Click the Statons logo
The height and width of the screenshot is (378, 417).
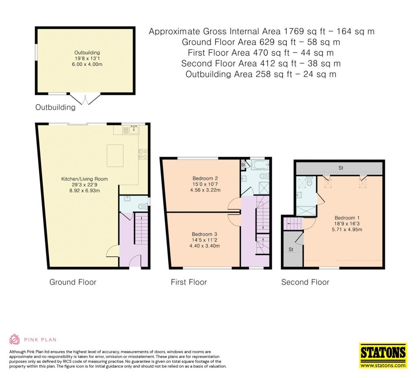pos(383,356)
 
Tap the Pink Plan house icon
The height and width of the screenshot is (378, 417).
pos(14,339)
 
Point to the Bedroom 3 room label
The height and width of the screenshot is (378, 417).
pos(204,234)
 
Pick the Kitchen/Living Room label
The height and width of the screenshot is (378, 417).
pos(85,179)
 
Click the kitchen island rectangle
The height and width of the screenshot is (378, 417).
pos(115,156)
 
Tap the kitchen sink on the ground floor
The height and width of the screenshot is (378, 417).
pos(134,130)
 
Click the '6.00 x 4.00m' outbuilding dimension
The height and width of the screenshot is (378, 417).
pos(87,64)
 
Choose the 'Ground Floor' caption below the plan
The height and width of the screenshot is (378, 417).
pos(73,282)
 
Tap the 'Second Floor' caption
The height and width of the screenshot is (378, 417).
pos(305,282)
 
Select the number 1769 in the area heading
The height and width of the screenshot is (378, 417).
pos(294,31)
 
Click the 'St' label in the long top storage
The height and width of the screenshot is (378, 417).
pos(341,168)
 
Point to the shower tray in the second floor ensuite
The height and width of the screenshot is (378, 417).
pos(306,210)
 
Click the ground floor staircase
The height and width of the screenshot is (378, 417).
pos(141,228)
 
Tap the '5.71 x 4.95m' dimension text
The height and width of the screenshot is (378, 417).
pos(347,229)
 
